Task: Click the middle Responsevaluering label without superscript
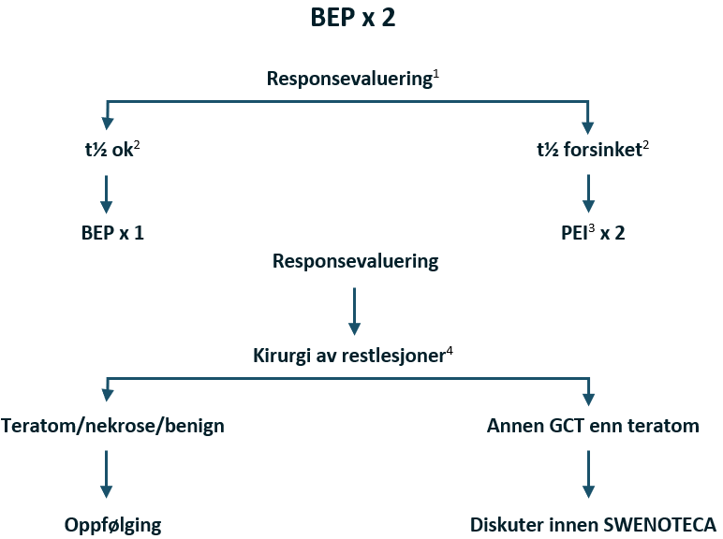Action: click(355, 261)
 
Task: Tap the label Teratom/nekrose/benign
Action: click(113, 426)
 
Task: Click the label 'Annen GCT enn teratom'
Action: click(593, 426)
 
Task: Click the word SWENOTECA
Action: click(666, 523)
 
